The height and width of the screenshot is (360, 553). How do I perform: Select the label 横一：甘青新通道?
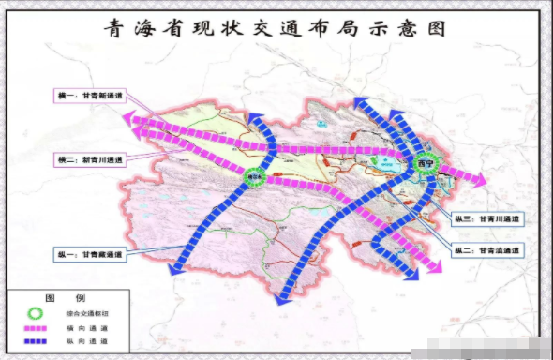click(90, 96)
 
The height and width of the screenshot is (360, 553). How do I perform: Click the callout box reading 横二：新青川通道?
click(90, 160)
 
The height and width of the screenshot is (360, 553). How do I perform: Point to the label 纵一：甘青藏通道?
click(91, 253)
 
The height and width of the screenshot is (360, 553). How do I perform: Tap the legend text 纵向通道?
click(92, 340)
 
